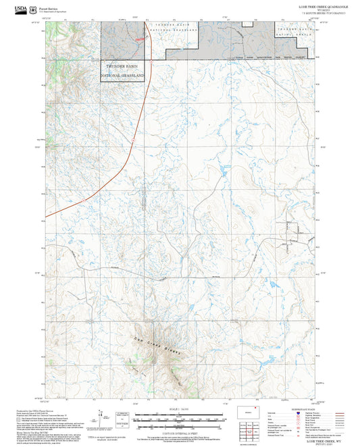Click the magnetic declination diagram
[x=103, y=419]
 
